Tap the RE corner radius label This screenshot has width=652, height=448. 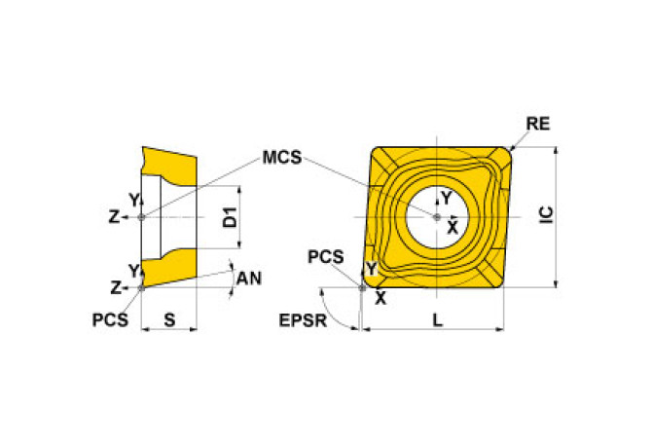[x=538, y=124]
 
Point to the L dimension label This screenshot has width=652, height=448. [x=438, y=319]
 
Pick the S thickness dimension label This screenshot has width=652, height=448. [x=169, y=318]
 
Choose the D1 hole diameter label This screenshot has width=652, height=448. [x=230, y=217]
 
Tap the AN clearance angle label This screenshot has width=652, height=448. [x=249, y=278]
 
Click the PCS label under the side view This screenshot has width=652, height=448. [x=110, y=318]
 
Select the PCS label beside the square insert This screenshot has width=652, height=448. [x=325, y=257]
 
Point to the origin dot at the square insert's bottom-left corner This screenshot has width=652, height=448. [x=363, y=287]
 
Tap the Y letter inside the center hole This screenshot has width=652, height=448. [x=446, y=199]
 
